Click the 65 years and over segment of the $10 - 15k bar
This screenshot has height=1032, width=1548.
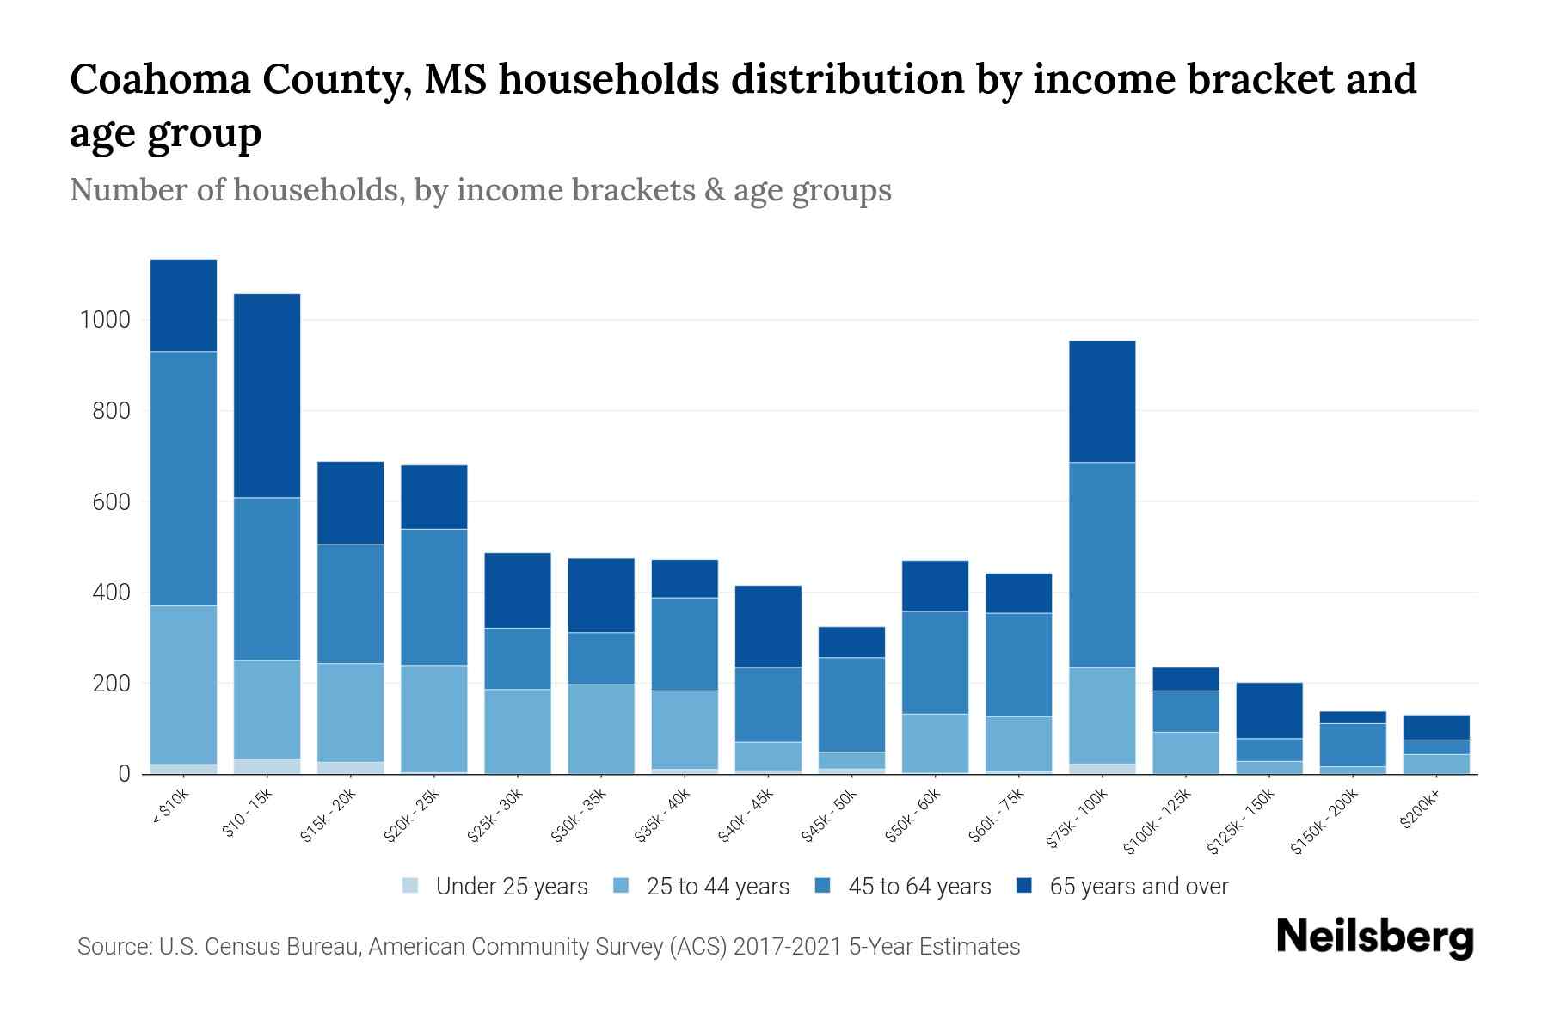[267, 396]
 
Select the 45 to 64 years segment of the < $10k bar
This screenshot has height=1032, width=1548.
[183, 478]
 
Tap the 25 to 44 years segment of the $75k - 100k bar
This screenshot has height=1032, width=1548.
[1102, 715]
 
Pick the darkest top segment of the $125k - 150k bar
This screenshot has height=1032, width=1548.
[1268, 710]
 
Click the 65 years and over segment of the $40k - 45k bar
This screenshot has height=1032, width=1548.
[768, 626]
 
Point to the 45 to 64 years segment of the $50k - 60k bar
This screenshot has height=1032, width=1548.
[935, 662]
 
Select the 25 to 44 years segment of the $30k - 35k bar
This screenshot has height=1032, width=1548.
[601, 728]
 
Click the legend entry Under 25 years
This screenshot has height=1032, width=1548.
[511, 887]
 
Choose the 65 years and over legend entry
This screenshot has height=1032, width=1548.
[1138, 887]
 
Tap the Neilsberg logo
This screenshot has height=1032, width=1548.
[1374, 937]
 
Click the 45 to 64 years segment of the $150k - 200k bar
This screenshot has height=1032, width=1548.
[1352, 745]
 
